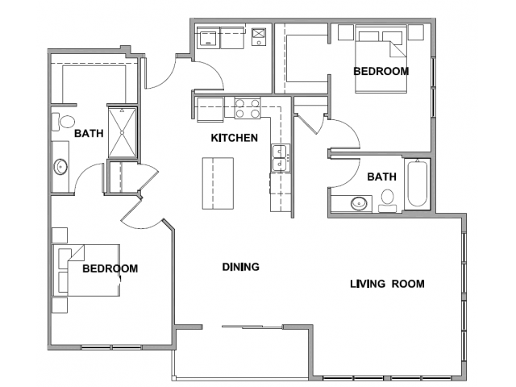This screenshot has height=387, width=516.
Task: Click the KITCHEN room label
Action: point(235,138)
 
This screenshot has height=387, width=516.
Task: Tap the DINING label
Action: point(240,267)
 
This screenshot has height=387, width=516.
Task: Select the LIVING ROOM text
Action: point(387,284)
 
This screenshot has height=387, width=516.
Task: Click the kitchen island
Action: point(218,183)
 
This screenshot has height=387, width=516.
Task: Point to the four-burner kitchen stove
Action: point(248,108)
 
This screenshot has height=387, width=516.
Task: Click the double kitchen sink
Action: point(280,158)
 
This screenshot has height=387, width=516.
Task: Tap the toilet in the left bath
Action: point(64,122)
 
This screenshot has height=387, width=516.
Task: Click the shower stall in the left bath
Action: point(122,132)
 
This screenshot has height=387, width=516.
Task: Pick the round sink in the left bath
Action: point(61,167)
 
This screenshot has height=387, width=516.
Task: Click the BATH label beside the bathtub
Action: point(381,177)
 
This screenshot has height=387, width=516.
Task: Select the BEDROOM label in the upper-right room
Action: point(381,71)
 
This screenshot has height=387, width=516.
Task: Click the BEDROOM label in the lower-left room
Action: point(110,268)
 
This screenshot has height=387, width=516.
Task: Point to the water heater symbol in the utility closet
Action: point(259,36)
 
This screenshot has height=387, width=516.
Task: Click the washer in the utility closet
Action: point(208,38)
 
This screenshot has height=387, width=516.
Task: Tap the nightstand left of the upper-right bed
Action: point(346,32)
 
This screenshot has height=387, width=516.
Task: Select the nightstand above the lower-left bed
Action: point(60,235)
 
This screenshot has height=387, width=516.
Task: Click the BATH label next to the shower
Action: point(89,133)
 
